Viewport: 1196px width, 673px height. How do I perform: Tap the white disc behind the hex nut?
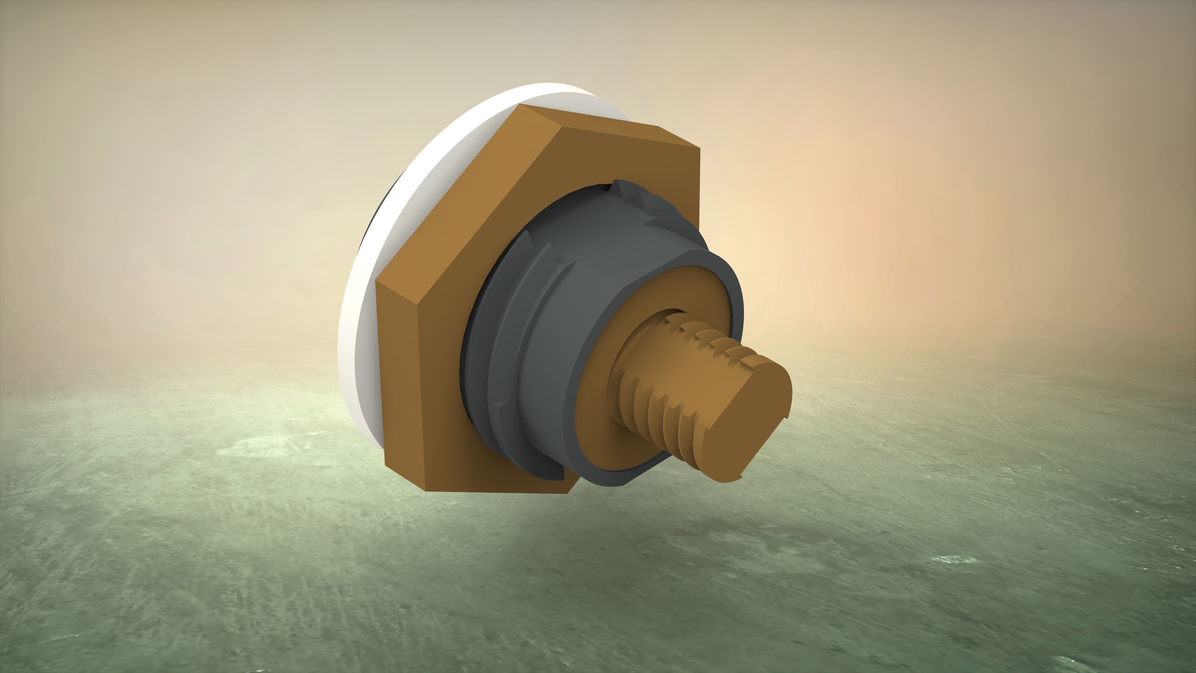click(x=367, y=297)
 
